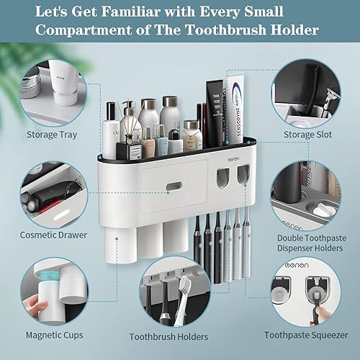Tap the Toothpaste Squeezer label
coord(310,334)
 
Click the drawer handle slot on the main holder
coord(174,187)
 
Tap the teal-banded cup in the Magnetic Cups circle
coord(40,291)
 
